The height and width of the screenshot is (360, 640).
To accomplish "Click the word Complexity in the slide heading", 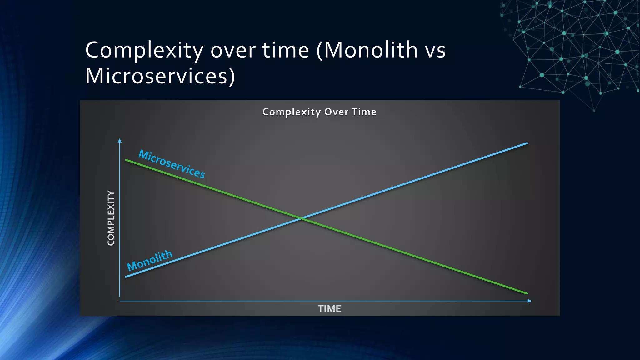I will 144,51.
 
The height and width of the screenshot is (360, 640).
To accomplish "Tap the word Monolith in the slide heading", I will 371,50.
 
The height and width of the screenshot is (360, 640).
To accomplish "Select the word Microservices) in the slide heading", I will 160,76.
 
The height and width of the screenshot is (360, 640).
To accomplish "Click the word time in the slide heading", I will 286,50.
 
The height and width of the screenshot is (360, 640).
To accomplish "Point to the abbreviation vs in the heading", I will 435,51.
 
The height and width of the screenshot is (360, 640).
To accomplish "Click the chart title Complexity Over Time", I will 319,112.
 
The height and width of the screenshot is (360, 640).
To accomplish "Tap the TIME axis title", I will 329,309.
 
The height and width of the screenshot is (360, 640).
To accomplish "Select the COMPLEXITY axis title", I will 111,218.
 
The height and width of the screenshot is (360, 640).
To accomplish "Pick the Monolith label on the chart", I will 150,260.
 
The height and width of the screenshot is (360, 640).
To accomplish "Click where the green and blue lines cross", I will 301,218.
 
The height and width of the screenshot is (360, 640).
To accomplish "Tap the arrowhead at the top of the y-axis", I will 120,141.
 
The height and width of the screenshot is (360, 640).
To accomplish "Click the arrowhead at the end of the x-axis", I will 529,301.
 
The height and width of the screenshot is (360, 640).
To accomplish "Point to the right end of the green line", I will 527,293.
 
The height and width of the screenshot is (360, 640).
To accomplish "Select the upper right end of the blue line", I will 527,143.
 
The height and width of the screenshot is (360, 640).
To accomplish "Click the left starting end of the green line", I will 126,160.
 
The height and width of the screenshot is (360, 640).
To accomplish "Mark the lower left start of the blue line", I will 126,277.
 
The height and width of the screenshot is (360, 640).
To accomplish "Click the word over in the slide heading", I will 233,51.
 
